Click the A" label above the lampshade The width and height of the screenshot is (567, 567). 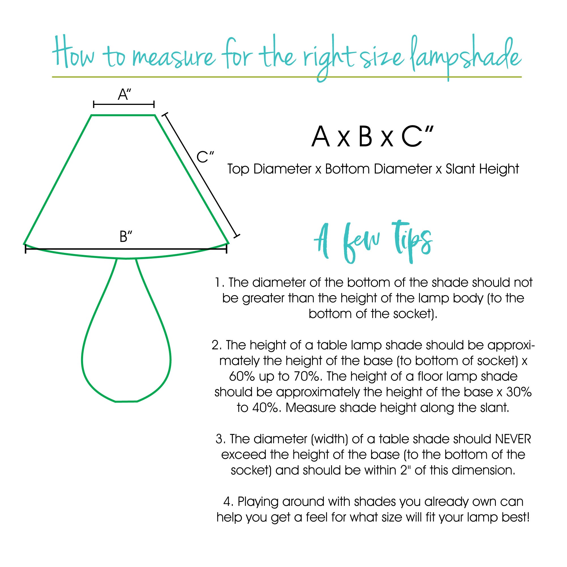124,94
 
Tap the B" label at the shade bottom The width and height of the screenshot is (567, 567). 126,236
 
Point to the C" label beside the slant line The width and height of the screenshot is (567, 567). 205,157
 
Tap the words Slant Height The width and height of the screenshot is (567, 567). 482,169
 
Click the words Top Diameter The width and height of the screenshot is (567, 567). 269,169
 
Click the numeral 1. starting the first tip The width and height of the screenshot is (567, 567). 219,283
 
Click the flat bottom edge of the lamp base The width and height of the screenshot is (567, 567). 126,401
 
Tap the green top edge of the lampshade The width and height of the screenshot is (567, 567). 123,115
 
